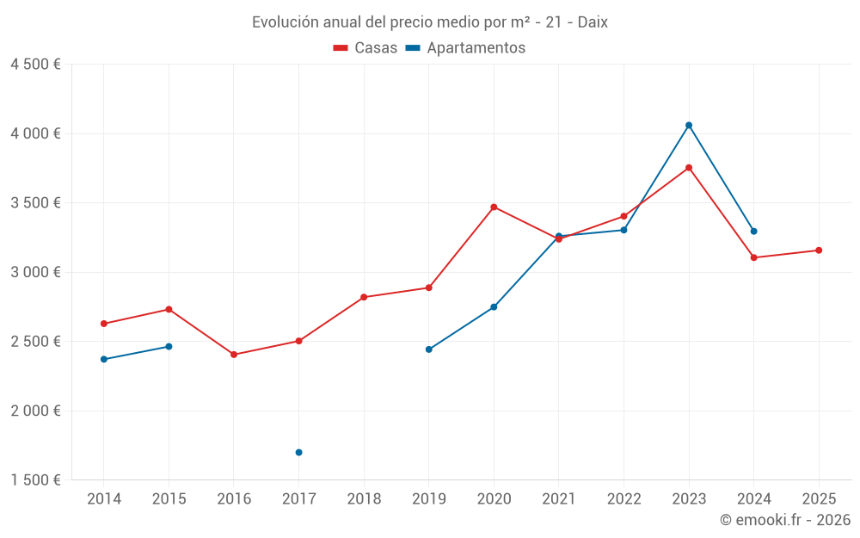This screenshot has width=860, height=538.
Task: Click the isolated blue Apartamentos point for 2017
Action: (x=299, y=453)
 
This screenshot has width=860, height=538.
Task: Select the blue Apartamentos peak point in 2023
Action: (x=689, y=125)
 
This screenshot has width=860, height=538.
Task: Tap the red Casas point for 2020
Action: (x=494, y=207)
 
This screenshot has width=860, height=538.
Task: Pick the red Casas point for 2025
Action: (x=819, y=250)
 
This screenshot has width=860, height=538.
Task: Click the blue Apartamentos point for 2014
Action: (x=104, y=360)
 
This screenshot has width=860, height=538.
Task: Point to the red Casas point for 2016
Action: (x=234, y=355)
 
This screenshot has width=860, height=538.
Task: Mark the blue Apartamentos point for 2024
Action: (x=753, y=231)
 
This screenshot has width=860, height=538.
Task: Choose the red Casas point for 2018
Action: (x=364, y=297)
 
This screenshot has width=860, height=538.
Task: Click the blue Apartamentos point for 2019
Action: (x=429, y=349)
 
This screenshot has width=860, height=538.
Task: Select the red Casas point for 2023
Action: (x=689, y=168)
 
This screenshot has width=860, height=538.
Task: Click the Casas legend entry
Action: (x=365, y=47)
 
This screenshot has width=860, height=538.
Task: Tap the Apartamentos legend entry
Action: (x=465, y=47)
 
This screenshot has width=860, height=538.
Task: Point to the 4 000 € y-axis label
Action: (x=35, y=133)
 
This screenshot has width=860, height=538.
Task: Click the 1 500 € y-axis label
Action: (x=35, y=479)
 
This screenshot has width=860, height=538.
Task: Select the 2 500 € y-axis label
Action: (x=35, y=342)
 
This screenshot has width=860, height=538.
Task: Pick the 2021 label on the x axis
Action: (x=559, y=498)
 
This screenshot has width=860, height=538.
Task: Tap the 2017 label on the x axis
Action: (x=299, y=498)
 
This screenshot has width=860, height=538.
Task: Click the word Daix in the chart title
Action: (x=593, y=22)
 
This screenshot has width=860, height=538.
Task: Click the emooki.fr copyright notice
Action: (x=785, y=519)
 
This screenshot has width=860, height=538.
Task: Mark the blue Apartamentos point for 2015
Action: (x=169, y=346)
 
